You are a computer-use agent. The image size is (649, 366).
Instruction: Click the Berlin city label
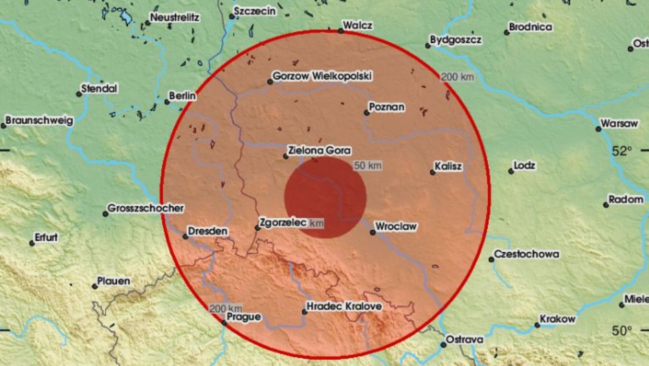182,96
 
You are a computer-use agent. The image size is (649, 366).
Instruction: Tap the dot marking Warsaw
598,129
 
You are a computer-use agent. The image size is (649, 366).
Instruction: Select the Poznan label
386,107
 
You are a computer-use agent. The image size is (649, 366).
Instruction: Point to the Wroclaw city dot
372,233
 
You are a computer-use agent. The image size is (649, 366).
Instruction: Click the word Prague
243,317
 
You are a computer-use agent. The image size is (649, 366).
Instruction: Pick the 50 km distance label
367,166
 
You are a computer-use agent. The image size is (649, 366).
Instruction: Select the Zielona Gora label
319,151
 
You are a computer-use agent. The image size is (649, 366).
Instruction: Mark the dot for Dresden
185,236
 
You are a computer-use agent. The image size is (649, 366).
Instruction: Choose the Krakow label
557,319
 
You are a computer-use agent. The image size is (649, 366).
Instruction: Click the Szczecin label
254,11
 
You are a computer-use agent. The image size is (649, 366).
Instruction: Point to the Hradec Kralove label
344,306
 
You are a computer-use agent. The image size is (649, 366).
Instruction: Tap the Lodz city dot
511,172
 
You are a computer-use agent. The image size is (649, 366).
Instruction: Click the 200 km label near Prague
225,308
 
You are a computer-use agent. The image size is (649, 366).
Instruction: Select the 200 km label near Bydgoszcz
457,77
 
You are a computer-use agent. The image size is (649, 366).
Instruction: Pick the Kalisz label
448,166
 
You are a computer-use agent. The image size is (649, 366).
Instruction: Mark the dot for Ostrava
443,345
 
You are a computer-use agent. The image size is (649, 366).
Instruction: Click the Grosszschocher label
145,208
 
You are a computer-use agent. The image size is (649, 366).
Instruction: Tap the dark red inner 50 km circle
325,197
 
